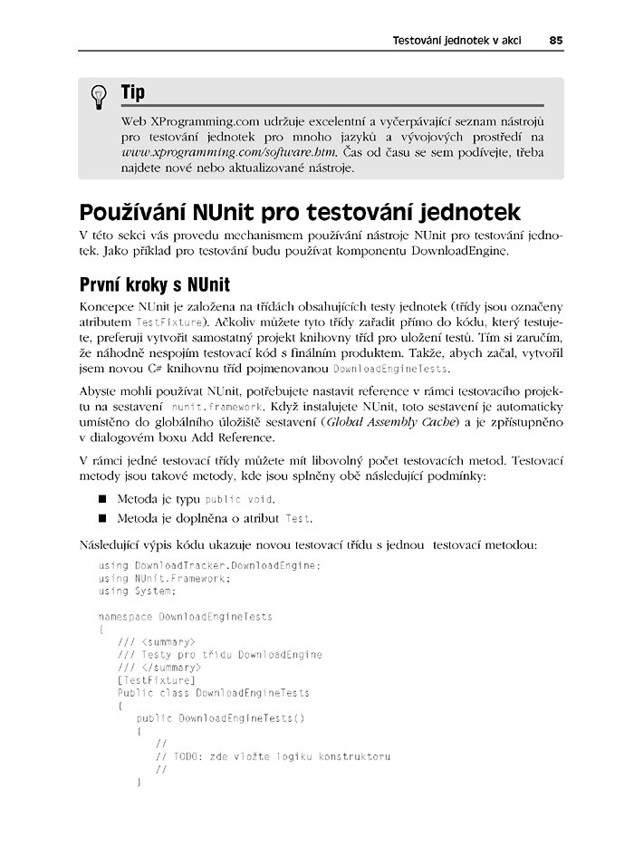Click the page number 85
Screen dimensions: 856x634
click(555, 41)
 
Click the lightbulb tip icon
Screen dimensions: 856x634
click(100, 98)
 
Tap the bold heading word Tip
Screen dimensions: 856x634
click(132, 93)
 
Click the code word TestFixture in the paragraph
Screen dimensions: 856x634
click(164, 322)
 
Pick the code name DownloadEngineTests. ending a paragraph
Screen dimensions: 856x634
click(391, 370)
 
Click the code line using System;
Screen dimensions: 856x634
click(137, 592)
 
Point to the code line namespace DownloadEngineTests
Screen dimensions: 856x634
click(186, 617)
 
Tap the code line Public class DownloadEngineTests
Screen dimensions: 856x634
click(213, 693)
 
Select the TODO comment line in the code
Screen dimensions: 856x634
click(273, 756)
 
